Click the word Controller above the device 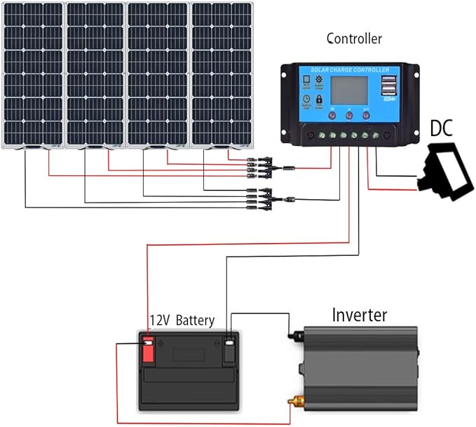click(354, 39)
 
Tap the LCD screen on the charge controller click(349, 93)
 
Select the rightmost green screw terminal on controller click(386, 133)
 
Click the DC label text click(441, 129)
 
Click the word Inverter click(360, 315)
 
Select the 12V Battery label click(181, 320)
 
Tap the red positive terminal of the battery click(148, 348)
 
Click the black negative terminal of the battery click(229, 350)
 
